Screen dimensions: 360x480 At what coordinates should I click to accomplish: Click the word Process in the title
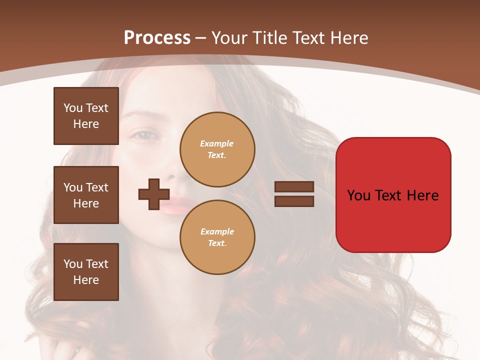click(x=157, y=38)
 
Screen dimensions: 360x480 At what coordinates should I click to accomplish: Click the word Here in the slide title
click(x=347, y=38)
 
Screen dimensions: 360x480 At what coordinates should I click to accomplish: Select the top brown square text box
click(x=86, y=116)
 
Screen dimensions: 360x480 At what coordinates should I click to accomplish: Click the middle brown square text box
click(x=86, y=195)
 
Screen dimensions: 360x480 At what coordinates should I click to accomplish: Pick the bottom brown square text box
click(x=86, y=272)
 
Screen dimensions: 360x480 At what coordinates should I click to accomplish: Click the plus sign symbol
click(x=154, y=194)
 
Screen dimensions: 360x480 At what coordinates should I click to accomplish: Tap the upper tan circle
click(x=217, y=149)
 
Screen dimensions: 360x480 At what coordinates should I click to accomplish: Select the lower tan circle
click(x=217, y=237)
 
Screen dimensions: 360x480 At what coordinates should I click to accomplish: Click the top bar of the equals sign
click(x=294, y=187)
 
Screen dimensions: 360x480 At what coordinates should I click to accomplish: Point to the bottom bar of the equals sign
click(x=294, y=201)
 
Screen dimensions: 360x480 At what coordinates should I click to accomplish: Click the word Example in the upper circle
click(x=217, y=143)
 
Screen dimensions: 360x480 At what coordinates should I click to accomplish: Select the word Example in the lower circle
click(x=217, y=231)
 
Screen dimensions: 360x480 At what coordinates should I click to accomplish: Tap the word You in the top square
click(x=73, y=108)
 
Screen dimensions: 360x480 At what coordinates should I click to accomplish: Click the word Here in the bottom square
click(x=86, y=280)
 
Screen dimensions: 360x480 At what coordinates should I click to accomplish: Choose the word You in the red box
click(x=359, y=195)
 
